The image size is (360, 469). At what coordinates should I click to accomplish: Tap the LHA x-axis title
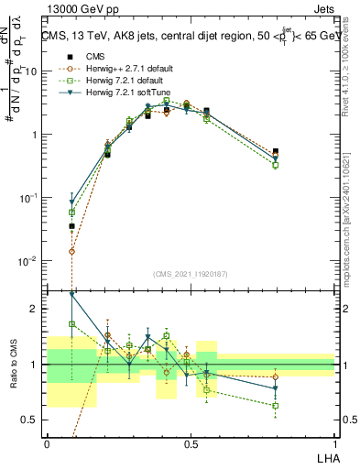pyautogui.click(x=324, y=455)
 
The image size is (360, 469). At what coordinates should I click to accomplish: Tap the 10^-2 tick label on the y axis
pyautogui.click(x=28, y=261)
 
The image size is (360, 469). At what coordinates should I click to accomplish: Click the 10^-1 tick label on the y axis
pyautogui.click(x=28, y=198)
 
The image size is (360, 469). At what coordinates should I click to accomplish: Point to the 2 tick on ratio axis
pyautogui.click(x=36, y=309)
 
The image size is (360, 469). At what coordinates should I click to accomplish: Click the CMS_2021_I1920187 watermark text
pyautogui.click(x=191, y=274)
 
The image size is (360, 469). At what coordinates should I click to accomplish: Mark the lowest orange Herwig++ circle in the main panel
pyautogui.click(x=72, y=251)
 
